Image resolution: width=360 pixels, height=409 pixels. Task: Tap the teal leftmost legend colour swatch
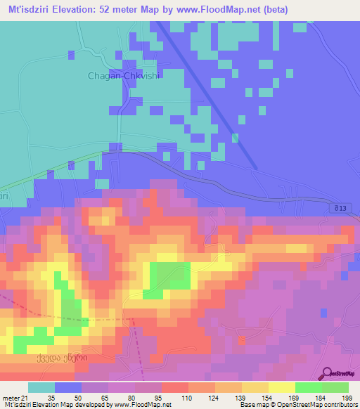click(x=41, y=387)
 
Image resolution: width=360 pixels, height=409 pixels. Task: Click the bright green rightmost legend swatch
click(x=335, y=387)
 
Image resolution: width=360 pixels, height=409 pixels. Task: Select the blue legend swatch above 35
click(x=67, y=387)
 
